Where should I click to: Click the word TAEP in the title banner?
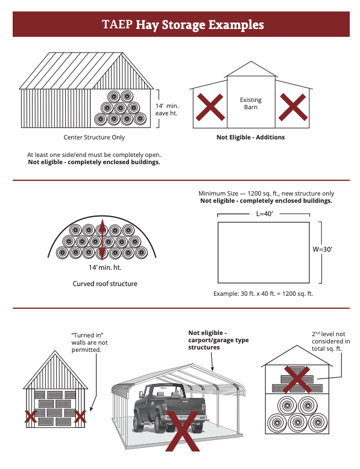point(117,25)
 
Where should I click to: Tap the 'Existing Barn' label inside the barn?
point(250,103)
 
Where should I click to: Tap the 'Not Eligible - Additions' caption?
point(250,138)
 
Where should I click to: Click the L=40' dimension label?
point(263,214)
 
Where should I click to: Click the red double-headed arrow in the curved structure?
point(103,240)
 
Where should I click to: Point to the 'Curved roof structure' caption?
point(105,284)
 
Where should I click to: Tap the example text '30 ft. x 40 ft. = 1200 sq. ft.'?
point(263,293)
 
